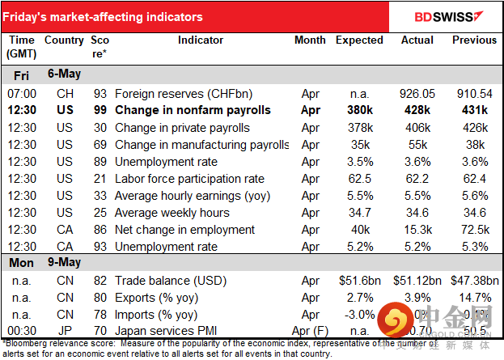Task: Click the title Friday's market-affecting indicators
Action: click(x=104, y=17)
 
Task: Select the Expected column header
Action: click(x=359, y=40)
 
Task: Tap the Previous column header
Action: click(x=475, y=40)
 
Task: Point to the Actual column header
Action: click(x=417, y=40)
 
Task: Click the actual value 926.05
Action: click(x=417, y=93)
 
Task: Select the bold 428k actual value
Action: click(x=417, y=111)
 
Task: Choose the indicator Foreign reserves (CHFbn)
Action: click(x=176, y=93)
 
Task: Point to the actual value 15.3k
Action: click(x=417, y=230)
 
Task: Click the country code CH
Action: click(x=64, y=93)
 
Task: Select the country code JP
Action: click(x=64, y=332)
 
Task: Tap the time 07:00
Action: click(x=22, y=93)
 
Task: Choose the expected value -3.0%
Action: click(x=359, y=315)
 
